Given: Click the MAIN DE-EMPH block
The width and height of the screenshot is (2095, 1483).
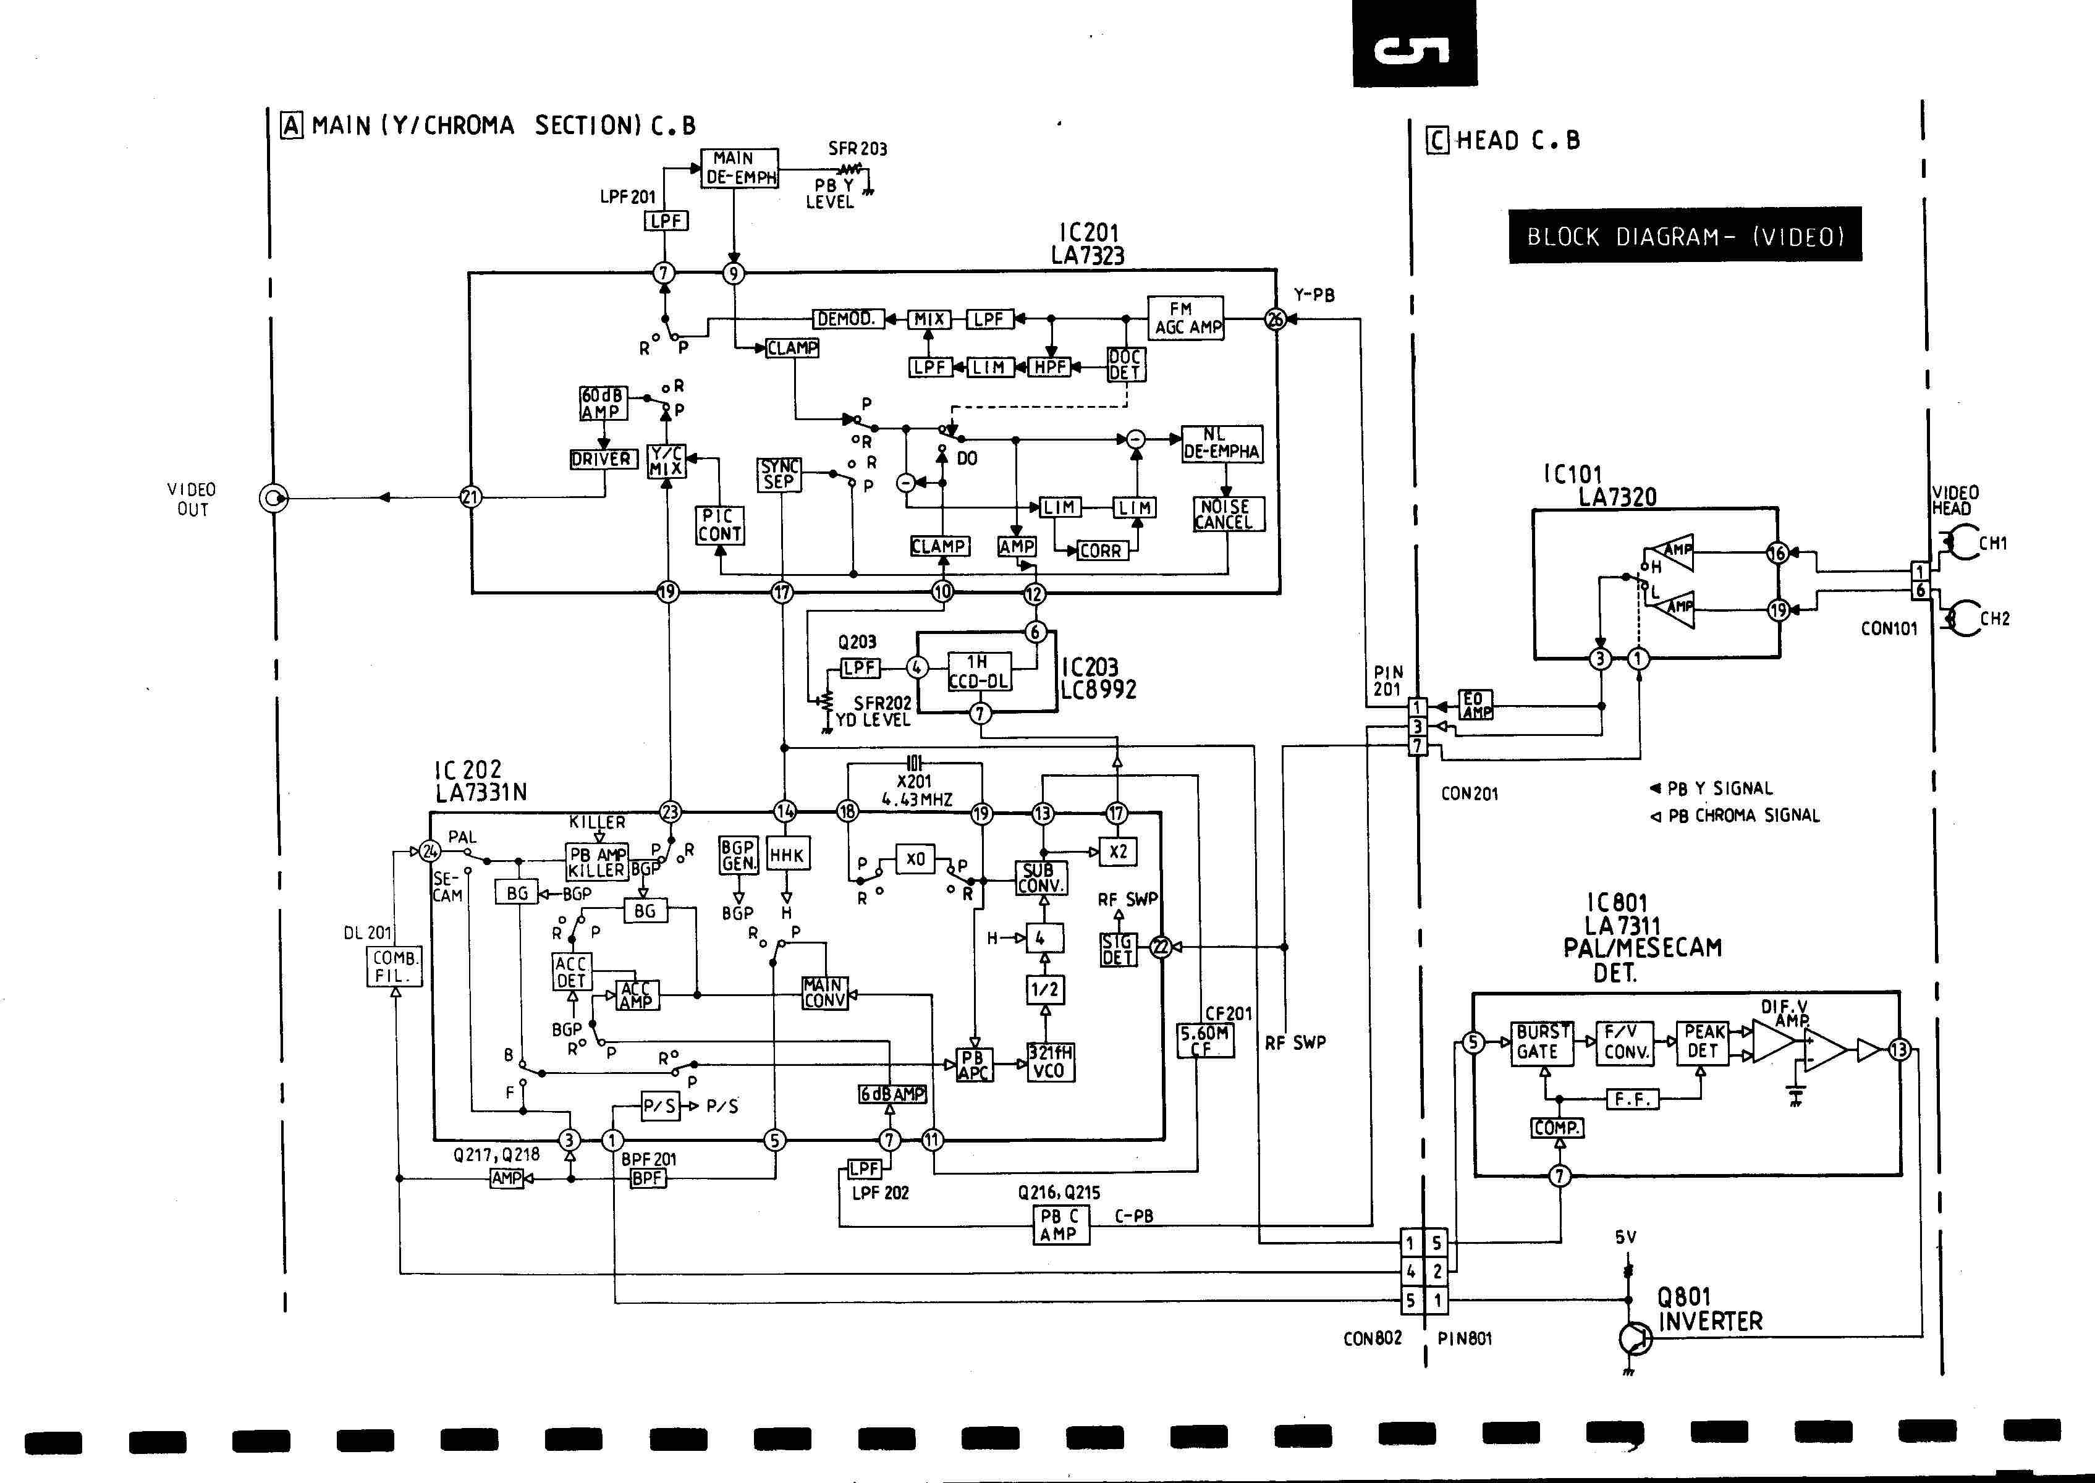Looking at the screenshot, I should [740, 168].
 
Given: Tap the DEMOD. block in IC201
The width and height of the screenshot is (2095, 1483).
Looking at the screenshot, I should [847, 319].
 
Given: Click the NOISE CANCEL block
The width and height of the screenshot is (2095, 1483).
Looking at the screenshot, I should [1227, 514].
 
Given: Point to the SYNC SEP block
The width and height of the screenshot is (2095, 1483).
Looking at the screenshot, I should [779, 474].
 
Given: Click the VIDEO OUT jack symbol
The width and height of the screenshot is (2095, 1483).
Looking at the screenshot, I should [273, 497].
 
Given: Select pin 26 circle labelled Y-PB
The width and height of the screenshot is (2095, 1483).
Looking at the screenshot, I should [1275, 319].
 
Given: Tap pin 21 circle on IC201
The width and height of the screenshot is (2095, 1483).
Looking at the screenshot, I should [470, 497].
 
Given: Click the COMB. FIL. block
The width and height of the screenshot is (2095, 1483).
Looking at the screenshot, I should [394, 966].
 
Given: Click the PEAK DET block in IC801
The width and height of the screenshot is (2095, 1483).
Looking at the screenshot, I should [1703, 1041].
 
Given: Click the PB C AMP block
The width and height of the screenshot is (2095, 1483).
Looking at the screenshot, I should [1059, 1225].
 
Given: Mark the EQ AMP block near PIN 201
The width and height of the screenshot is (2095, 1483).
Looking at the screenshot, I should [1475, 705].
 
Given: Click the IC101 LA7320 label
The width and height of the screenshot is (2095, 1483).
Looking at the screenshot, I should [1600, 485].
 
